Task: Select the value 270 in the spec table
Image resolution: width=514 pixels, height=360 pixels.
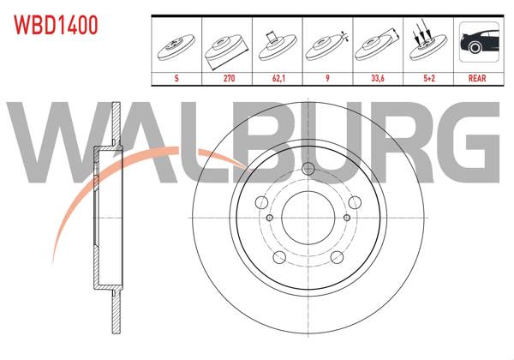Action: coord(229,77)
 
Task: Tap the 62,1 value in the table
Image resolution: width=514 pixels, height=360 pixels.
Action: coord(278,77)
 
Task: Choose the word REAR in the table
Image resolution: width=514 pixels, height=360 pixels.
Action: coord(476,77)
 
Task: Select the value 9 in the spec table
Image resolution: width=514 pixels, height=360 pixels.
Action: coord(326,77)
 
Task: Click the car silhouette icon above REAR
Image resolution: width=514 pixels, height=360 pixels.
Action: coord(476,44)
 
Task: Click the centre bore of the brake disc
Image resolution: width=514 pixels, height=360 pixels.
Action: coord(308,214)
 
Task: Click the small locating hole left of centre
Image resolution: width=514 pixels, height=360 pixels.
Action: coord(268,217)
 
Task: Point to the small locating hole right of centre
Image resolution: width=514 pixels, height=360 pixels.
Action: coord(347,217)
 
